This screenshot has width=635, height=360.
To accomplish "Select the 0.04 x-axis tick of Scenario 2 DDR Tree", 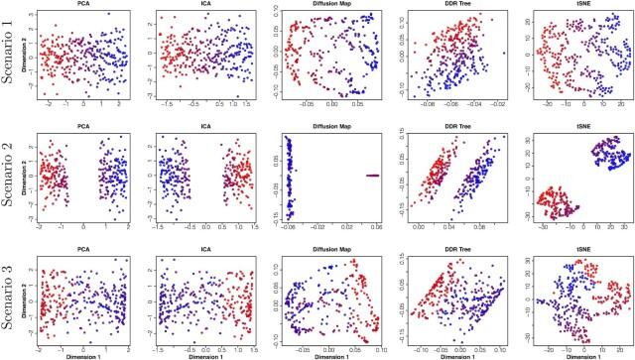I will pos(444,229).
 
